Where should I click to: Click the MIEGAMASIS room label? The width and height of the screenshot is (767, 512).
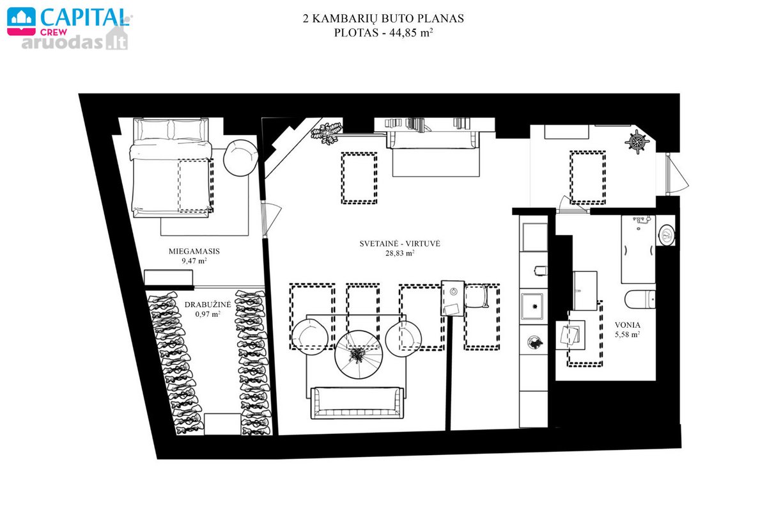[x=194, y=251]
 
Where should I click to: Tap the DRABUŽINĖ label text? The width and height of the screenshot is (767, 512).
[x=208, y=304]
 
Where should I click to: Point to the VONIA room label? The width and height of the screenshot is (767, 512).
[x=627, y=324]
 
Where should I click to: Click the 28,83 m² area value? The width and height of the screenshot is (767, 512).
[x=399, y=253]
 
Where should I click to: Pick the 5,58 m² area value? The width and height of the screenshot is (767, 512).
[x=627, y=334]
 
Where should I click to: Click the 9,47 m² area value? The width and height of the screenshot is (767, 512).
[x=194, y=260]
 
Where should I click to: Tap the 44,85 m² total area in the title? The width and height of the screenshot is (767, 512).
[x=411, y=33]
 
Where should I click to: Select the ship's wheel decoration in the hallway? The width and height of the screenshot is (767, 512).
[x=637, y=141]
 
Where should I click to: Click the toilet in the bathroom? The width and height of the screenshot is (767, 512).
[x=640, y=300]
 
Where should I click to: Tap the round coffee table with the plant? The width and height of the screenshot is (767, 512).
[x=358, y=355]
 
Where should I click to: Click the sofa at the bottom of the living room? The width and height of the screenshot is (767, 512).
[x=357, y=403]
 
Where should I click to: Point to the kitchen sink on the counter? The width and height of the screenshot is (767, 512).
[x=532, y=306]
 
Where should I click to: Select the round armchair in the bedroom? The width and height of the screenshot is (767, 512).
[x=240, y=157]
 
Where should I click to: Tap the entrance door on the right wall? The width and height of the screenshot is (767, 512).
[x=677, y=175]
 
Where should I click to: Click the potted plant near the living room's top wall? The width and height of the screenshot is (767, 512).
[x=326, y=134]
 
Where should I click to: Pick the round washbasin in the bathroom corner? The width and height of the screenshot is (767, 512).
[x=666, y=235]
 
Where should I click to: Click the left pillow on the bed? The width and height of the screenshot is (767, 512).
[x=153, y=129]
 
